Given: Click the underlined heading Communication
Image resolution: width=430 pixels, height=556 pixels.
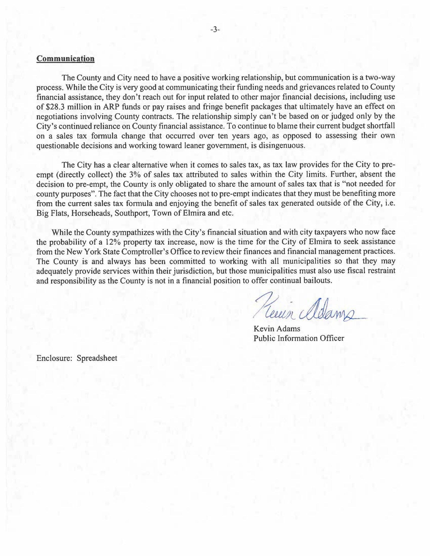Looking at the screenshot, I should coord(65,59).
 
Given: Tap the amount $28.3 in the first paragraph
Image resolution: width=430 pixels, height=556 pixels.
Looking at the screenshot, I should coord(55,107).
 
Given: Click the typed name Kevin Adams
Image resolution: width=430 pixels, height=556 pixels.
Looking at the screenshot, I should coord(277,329).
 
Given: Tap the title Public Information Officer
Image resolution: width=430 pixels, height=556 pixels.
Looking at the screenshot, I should coord(299,339).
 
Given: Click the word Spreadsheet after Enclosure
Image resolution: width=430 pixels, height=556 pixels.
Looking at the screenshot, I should coord(97,358).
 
